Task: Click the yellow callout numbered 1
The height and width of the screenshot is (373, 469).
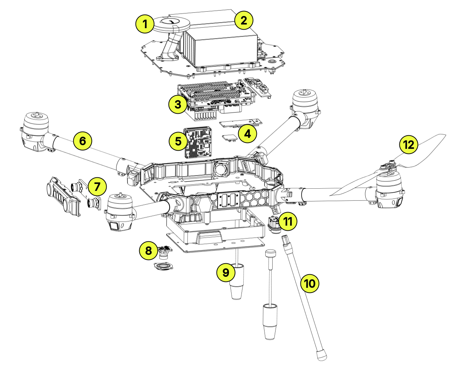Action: (x=145, y=24)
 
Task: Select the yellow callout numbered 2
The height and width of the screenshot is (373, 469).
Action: (x=244, y=20)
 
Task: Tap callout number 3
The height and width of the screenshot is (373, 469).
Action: (x=178, y=104)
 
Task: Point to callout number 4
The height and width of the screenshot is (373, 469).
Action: (x=248, y=134)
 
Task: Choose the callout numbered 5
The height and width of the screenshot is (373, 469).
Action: (x=178, y=141)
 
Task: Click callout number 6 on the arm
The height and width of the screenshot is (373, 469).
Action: (x=82, y=141)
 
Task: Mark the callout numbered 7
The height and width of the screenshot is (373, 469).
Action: (x=97, y=186)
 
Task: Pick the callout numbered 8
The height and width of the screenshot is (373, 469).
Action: (x=148, y=250)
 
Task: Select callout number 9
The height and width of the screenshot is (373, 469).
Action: (x=226, y=272)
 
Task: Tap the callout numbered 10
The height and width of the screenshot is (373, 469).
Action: (x=310, y=283)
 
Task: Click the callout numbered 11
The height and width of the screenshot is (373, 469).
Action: (x=288, y=221)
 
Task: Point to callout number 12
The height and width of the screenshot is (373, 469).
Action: (x=409, y=144)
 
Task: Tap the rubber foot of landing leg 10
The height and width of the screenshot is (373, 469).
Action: (x=321, y=354)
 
